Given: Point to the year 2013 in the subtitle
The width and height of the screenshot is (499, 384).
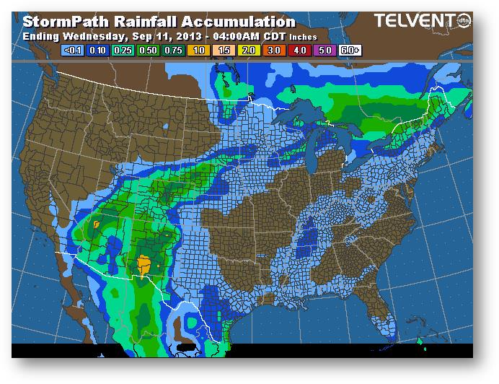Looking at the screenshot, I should pyautogui.click(x=172, y=35).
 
